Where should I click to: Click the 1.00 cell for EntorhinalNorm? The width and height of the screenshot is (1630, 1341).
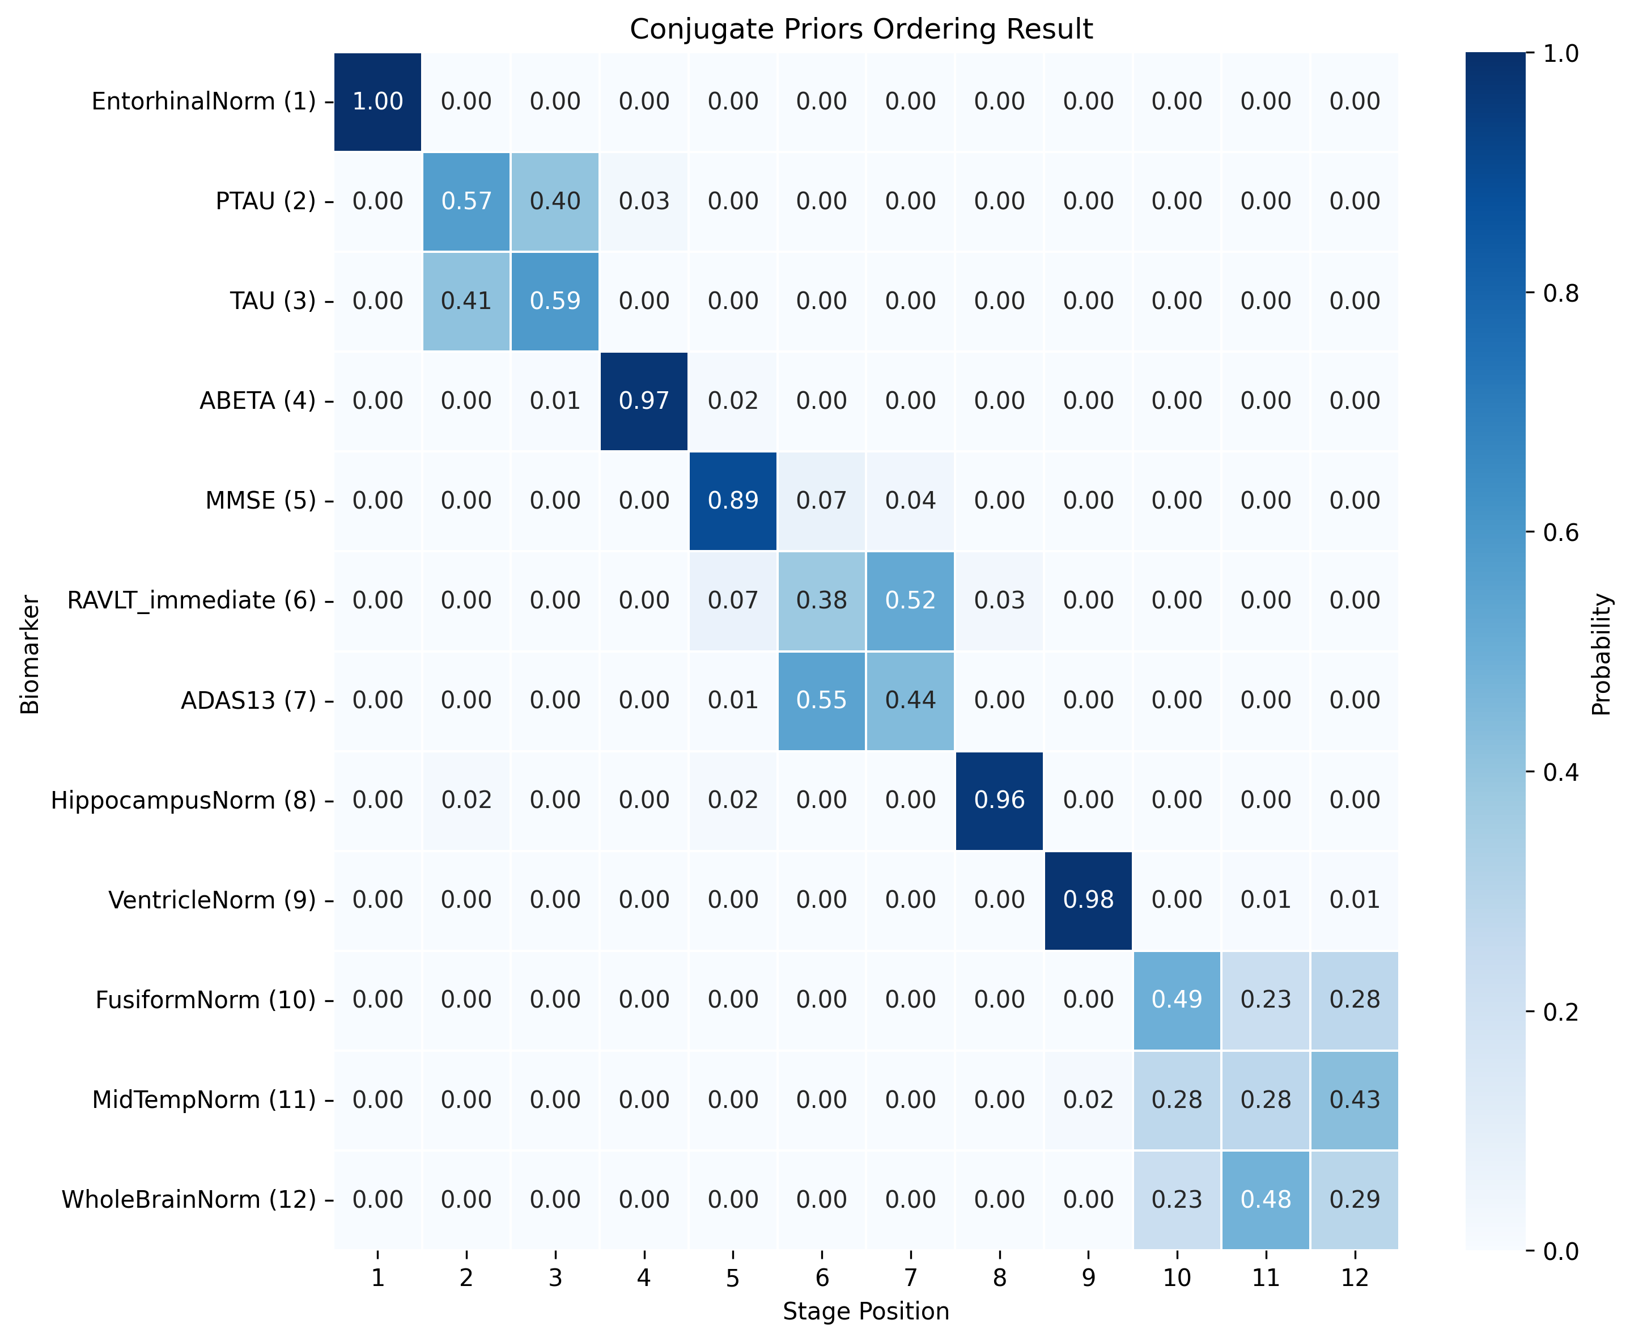377,101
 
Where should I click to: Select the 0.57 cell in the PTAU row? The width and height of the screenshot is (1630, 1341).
466,202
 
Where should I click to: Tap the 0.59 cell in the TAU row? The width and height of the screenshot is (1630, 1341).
555,301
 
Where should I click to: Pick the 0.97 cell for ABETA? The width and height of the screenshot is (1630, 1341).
644,401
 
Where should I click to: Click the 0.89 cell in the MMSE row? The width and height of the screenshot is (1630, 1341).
733,501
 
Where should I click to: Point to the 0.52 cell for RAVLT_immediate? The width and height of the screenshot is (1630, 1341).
910,600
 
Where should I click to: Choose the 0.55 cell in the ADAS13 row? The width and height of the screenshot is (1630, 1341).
822,701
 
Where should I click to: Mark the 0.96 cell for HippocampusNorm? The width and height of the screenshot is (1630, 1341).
999,800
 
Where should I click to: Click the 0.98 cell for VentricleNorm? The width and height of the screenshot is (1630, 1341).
1088,900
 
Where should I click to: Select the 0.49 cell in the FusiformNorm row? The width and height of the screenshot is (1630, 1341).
1177,1000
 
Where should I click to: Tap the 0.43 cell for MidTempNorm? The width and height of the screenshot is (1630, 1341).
1355,1100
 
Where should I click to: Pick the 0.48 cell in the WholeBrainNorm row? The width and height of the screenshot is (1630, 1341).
1266,1200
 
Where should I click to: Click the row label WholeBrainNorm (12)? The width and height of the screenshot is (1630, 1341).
189,1200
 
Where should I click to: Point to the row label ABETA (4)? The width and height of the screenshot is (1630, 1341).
258,401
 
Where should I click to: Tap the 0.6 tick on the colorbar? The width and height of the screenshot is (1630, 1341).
1560,533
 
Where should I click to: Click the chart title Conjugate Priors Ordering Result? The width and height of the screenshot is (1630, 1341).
861,29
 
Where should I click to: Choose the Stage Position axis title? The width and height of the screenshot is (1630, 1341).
865,1312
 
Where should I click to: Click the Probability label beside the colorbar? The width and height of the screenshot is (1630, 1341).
1602,654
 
